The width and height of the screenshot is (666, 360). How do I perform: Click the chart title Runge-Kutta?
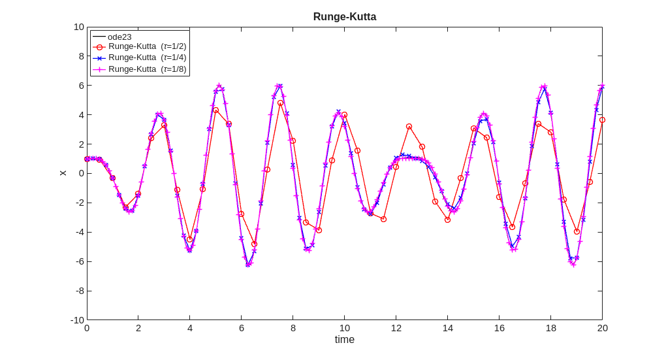click(344, 17)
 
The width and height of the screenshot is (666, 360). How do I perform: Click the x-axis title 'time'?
click(344, 340)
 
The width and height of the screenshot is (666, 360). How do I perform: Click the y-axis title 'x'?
click(63, 173)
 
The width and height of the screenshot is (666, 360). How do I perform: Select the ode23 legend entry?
click(119, 37)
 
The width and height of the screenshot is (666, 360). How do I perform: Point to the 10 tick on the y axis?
click(79, 27)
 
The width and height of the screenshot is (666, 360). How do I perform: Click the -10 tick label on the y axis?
click(78, 320)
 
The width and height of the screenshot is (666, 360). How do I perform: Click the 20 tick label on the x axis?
click(602, 328)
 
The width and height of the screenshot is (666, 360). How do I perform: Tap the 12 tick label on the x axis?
click(396, 328)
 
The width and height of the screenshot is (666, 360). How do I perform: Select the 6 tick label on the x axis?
click(242, 328)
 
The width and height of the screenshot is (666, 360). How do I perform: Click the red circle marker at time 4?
click(190, 239)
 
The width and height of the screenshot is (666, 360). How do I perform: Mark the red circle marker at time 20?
click(602, 120)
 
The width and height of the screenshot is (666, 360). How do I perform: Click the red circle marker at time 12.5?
click(409, 127)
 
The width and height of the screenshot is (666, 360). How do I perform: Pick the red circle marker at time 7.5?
click(280, 103)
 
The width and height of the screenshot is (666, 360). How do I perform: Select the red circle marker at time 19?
click(577, 231)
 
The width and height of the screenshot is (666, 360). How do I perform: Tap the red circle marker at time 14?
click(447, 220)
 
